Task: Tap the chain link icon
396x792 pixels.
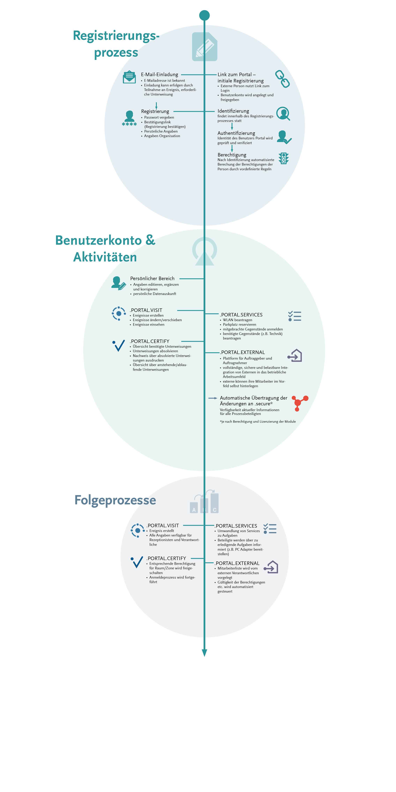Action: (x=282, y=79)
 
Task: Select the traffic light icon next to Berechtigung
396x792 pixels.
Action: (x=284, y=158)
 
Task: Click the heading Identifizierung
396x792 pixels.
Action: (x=233, y=111)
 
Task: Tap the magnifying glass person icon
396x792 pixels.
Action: (x=283, y=114)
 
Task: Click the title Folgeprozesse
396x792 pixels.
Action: (x=115, y=500)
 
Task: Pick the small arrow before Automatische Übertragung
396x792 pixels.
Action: (x=213, y=398)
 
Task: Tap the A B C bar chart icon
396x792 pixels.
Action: (x=204, y=501)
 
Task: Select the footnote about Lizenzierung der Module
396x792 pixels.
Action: (x=258, y=422)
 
